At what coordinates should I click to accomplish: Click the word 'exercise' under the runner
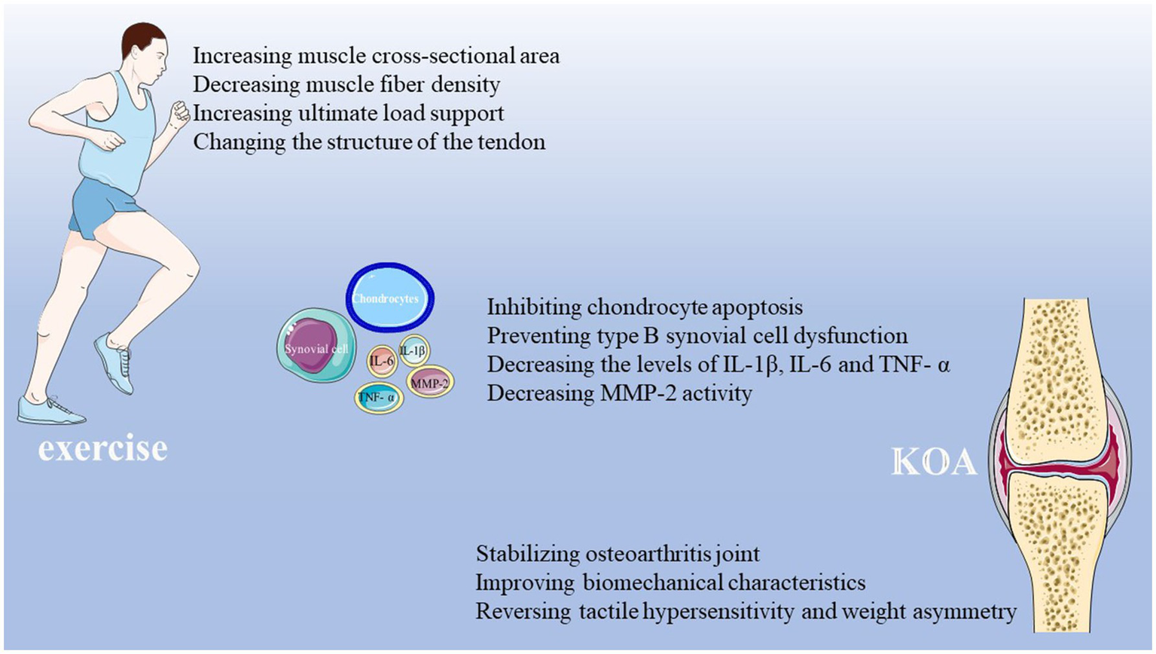103,448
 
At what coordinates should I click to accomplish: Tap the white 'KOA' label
934,462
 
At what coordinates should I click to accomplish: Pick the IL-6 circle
382,361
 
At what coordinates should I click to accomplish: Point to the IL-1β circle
413,350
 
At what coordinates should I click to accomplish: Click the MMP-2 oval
430,383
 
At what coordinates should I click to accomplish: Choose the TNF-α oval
379,397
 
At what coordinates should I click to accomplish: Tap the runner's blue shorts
105,205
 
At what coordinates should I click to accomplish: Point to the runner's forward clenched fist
180,114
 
